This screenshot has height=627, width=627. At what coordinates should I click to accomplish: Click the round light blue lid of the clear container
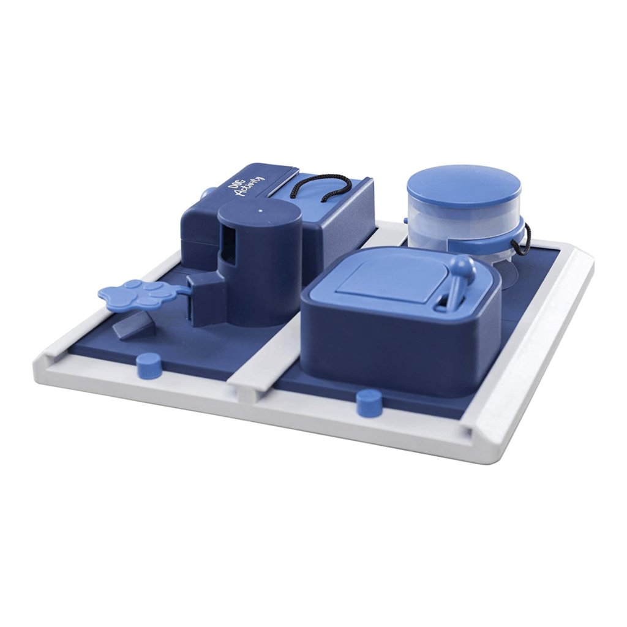(464, 187)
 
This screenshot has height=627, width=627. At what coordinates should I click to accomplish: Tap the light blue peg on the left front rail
(149, 366)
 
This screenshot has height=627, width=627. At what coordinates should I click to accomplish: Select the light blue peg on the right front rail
(369, 403)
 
